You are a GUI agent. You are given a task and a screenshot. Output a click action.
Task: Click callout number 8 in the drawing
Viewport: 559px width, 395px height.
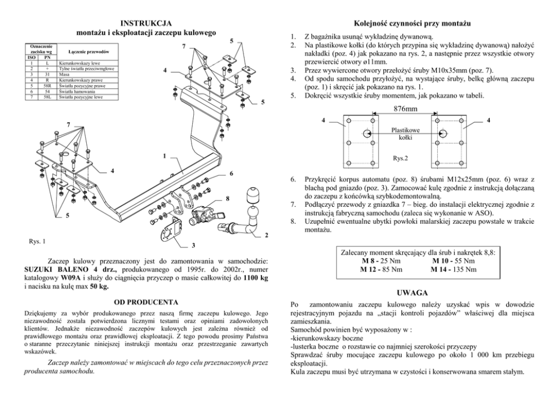228,198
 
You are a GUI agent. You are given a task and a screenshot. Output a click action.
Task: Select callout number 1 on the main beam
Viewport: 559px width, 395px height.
163,156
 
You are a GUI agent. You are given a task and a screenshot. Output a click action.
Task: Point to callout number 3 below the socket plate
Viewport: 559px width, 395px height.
193,246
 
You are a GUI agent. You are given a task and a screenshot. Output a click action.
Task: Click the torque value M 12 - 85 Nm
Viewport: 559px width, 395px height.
381,269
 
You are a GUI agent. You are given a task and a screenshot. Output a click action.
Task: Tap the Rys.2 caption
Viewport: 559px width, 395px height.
401,158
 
